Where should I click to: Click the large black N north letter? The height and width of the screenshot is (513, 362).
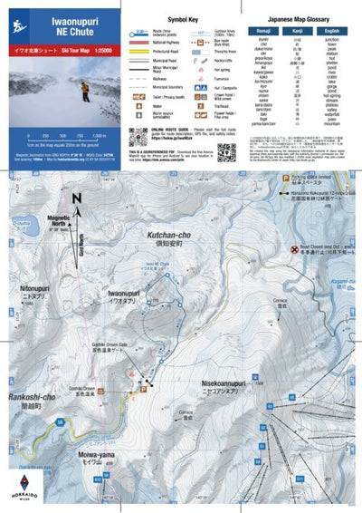[78, 201]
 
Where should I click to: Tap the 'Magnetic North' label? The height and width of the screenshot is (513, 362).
[60, 220]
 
